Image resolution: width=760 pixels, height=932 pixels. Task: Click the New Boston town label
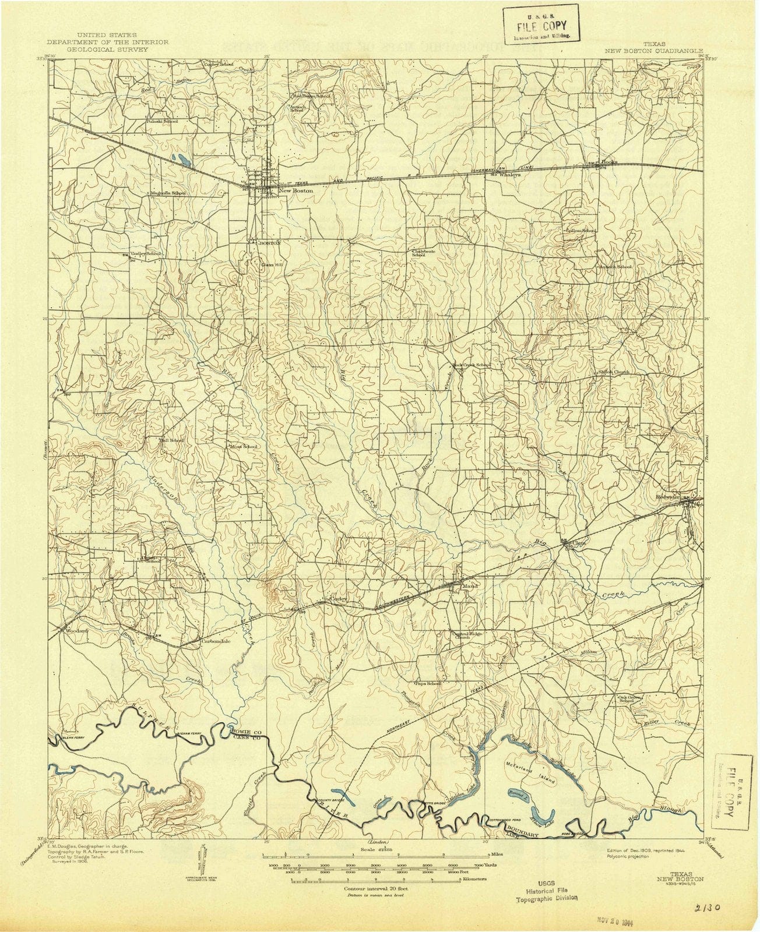pyautogui.click(x=295, y=190)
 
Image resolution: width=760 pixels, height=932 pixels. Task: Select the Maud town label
pyautogui.click(x=469, y=586)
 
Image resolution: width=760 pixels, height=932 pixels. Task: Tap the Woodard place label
pyautogui.click(x=77, y=631)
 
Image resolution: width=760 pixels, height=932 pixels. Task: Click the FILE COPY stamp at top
pyautogui.click(x=542, y=23)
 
